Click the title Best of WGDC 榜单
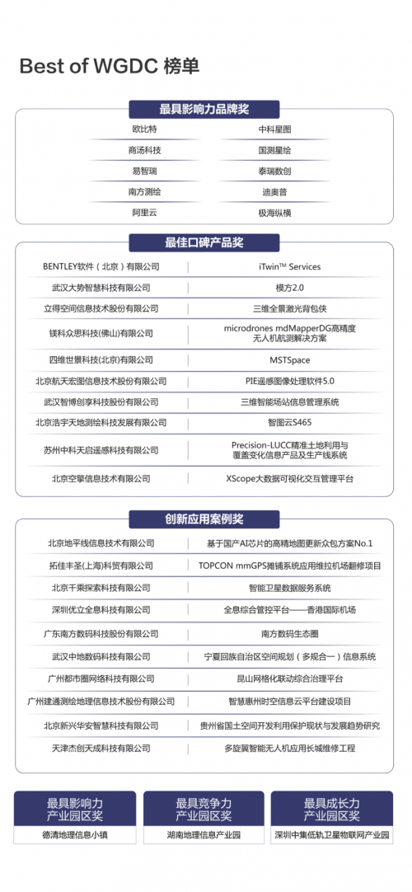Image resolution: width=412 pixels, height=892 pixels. pyautogui.click(x=109, y=67)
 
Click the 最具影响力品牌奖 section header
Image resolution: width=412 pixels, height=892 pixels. pyautogui.click(x=204, y=109)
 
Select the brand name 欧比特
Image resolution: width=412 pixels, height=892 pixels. pyautogui.click(x=144, y=129)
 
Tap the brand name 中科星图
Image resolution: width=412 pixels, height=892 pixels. pyautogui.click(x=274, y=129)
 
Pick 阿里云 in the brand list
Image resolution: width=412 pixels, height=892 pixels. pyautogui.click(x=144, y=212)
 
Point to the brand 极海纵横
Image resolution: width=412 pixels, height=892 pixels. pyautogui.click(x=274, y=212)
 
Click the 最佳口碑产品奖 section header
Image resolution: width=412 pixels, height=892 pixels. pyautogui.click(x=204, y=242)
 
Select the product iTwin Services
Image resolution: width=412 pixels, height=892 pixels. pyautogui.click(x=283, y=266)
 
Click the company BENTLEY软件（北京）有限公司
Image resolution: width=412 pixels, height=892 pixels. pyautogui.click(x=101, y=266)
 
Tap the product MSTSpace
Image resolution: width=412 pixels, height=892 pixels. pyautogui.click(x=283, y=360)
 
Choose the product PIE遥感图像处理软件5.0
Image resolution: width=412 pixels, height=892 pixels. pyautogui.click(x=283, y=381)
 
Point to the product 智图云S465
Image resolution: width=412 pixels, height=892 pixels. pyautogui.click(x=283, y=422)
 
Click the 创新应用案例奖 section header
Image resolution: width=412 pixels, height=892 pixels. pyautogui.click(x=204, y=519)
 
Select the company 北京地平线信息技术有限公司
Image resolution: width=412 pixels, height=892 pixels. pyautogui.click(x=101, y=543)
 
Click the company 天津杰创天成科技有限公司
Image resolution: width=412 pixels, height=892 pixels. pyautogui.click(x=101, y=748)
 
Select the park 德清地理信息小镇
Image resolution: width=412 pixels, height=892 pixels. pyautogui.click(x=75, y=834)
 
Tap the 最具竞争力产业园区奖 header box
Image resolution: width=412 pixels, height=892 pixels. pyautogui.click(x=204, y=809)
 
